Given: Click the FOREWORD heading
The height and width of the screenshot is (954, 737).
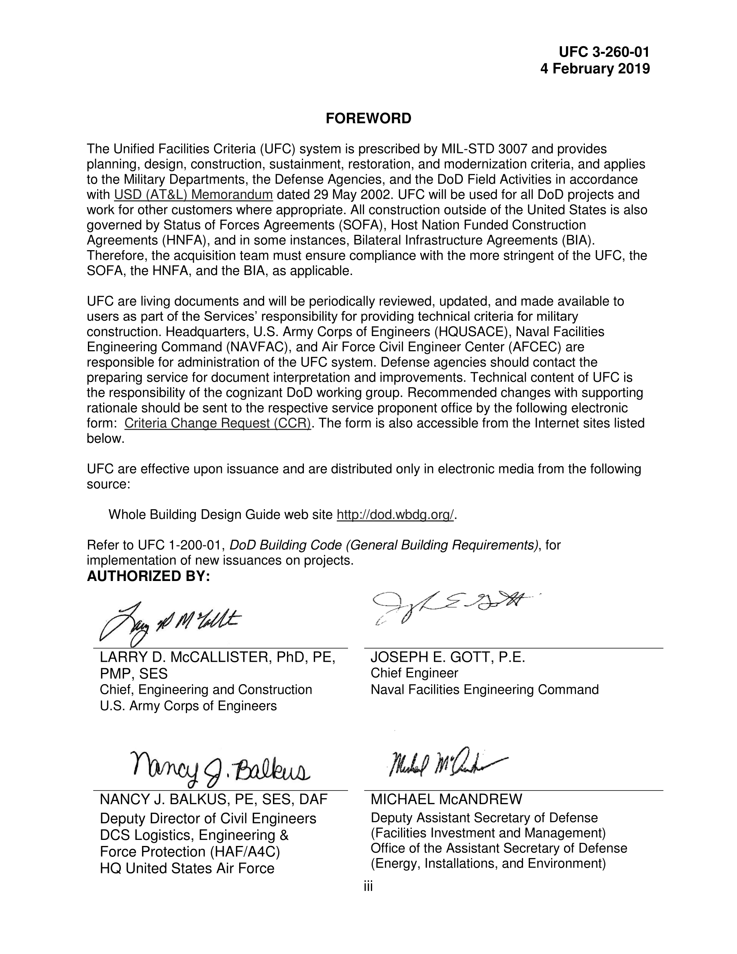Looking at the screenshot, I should pyautogui.click(x=368, y=118).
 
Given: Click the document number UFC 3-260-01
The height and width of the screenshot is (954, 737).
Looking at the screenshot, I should pyautogui.click(x=604, y=53).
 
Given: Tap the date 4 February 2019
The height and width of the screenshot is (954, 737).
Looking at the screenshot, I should pyautogui.click(x=594, y=69).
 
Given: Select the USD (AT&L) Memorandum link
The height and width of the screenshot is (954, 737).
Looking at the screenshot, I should pyautogui.click(x=193, y=195).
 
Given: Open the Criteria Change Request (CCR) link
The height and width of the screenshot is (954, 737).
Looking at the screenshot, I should pyautogui.click(x=218, y=423).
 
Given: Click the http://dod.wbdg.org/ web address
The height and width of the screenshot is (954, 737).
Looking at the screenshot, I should pyautogui.click(x=395, y=515).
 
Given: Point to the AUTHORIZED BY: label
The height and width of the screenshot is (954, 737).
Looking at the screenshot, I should pyautogui.click(x=149, y=576).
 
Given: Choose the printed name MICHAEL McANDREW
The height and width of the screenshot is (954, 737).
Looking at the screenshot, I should pyautogui.click(x=446, y=799).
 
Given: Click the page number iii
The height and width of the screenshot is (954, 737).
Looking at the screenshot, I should pyautogui.click(x=368, y=886).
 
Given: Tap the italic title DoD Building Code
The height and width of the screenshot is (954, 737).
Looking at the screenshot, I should pyautogui.click(x=286, y=545).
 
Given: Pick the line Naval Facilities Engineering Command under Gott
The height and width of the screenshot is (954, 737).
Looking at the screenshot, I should pyautogui.click(x=484, y=690).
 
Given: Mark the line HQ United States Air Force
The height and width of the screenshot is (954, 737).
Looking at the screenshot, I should pyautogui.click(x=187, y=868).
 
